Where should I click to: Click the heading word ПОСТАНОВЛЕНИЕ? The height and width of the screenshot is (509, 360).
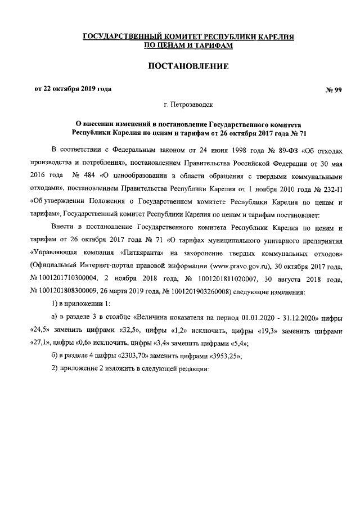tap(188, 66)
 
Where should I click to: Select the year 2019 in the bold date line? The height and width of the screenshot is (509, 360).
tap(83, 89)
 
